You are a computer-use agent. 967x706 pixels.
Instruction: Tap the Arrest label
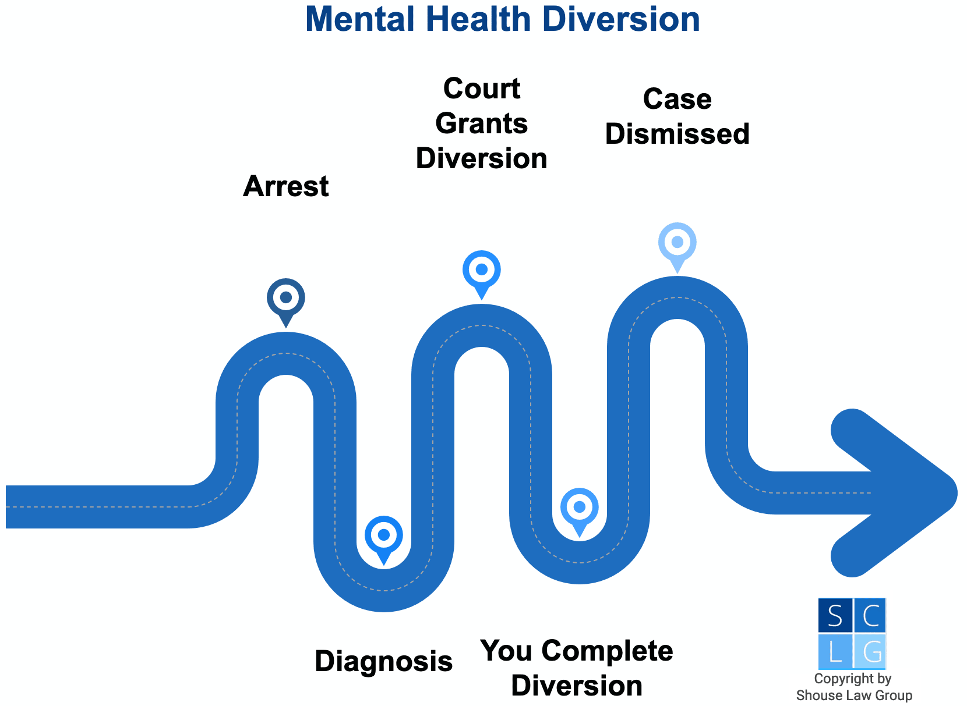285,187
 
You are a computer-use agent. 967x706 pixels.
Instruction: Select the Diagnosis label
383,662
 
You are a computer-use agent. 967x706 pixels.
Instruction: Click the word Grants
481,124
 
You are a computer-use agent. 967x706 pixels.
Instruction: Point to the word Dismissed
677,134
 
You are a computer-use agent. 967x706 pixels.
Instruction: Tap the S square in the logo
835,616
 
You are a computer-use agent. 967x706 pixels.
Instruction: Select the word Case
677,100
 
